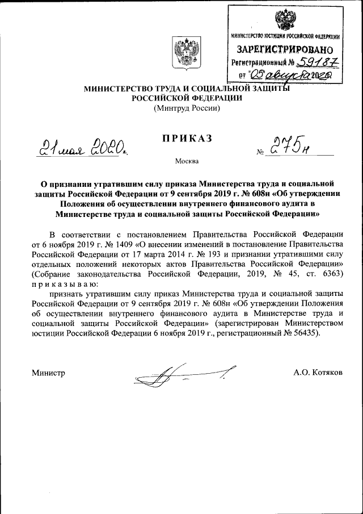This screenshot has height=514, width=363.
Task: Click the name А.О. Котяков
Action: coord(318,373)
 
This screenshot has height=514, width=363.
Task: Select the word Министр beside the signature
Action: coord(48,373)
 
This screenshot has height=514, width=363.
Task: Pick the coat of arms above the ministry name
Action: coord(187,56)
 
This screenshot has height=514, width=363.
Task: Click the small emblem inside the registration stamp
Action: coord(285,20)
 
